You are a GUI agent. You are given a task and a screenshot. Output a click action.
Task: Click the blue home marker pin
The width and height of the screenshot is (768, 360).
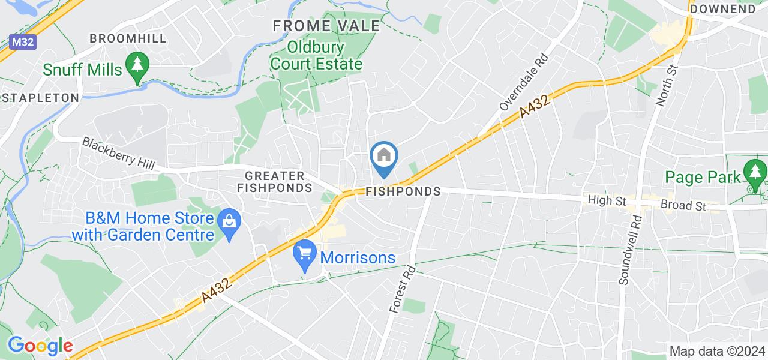click(384, 157)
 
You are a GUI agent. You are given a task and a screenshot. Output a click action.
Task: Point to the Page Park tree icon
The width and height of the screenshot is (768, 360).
click(754, 173)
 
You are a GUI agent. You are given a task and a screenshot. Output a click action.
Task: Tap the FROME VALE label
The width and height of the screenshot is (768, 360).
click(327, 26)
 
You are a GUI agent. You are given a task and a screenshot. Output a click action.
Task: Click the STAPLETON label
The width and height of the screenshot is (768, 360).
click(40, 97)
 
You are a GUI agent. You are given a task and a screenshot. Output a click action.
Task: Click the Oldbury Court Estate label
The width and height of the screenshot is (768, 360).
click(316, 55)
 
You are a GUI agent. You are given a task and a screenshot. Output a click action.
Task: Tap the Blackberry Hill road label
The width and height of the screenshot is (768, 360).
click(118, 154)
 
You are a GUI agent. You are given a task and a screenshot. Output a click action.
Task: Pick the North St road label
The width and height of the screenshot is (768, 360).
click(667, 86)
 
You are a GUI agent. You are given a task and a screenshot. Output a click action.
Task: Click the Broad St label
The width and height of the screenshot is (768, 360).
click(683, 205)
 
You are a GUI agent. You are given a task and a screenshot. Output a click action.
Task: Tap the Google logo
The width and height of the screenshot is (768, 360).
click(40, 346)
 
